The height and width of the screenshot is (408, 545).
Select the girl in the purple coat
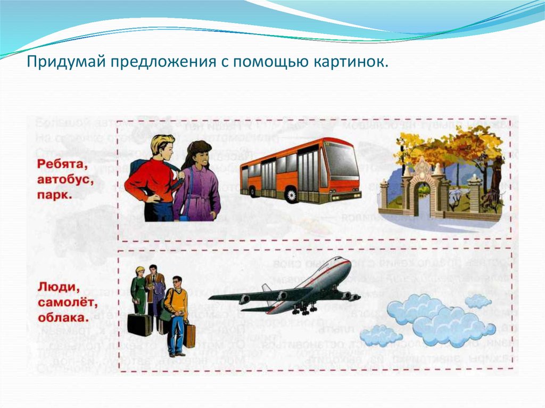[x=197, y=181]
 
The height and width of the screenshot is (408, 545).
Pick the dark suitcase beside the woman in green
[x=139, y=324]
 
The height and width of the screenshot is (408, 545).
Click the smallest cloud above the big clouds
[x=477, y=301]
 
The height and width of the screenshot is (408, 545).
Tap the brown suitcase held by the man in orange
[x=189, y=335]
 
